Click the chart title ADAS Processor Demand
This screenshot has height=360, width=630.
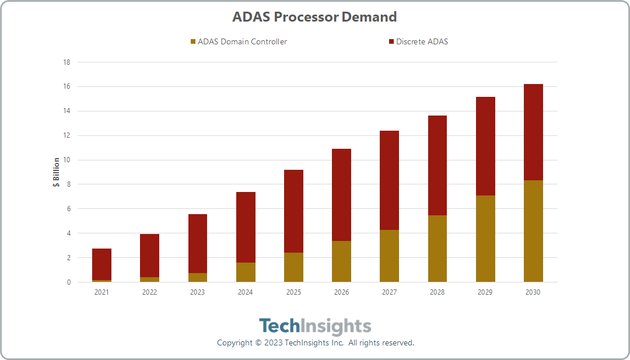click(x=314, y=17)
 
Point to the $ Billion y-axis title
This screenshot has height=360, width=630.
click(x=56, y=172)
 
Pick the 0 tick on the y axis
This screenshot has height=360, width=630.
click(x=68, y=282)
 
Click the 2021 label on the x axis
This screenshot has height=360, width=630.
click(x=101, y=292)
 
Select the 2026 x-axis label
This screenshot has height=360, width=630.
click(x=341, y=292)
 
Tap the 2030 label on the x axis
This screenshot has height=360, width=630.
click(x=533, y=292)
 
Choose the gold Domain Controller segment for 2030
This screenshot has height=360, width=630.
click(x=533, y=231)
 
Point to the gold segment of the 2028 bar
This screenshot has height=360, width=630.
click(x=437, y=249)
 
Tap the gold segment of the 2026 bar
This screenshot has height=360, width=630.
click(x=341, y=261)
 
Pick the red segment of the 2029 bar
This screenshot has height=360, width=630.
click(x=485, y=146)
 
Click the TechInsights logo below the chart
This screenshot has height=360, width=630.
click(x=315, y=326)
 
